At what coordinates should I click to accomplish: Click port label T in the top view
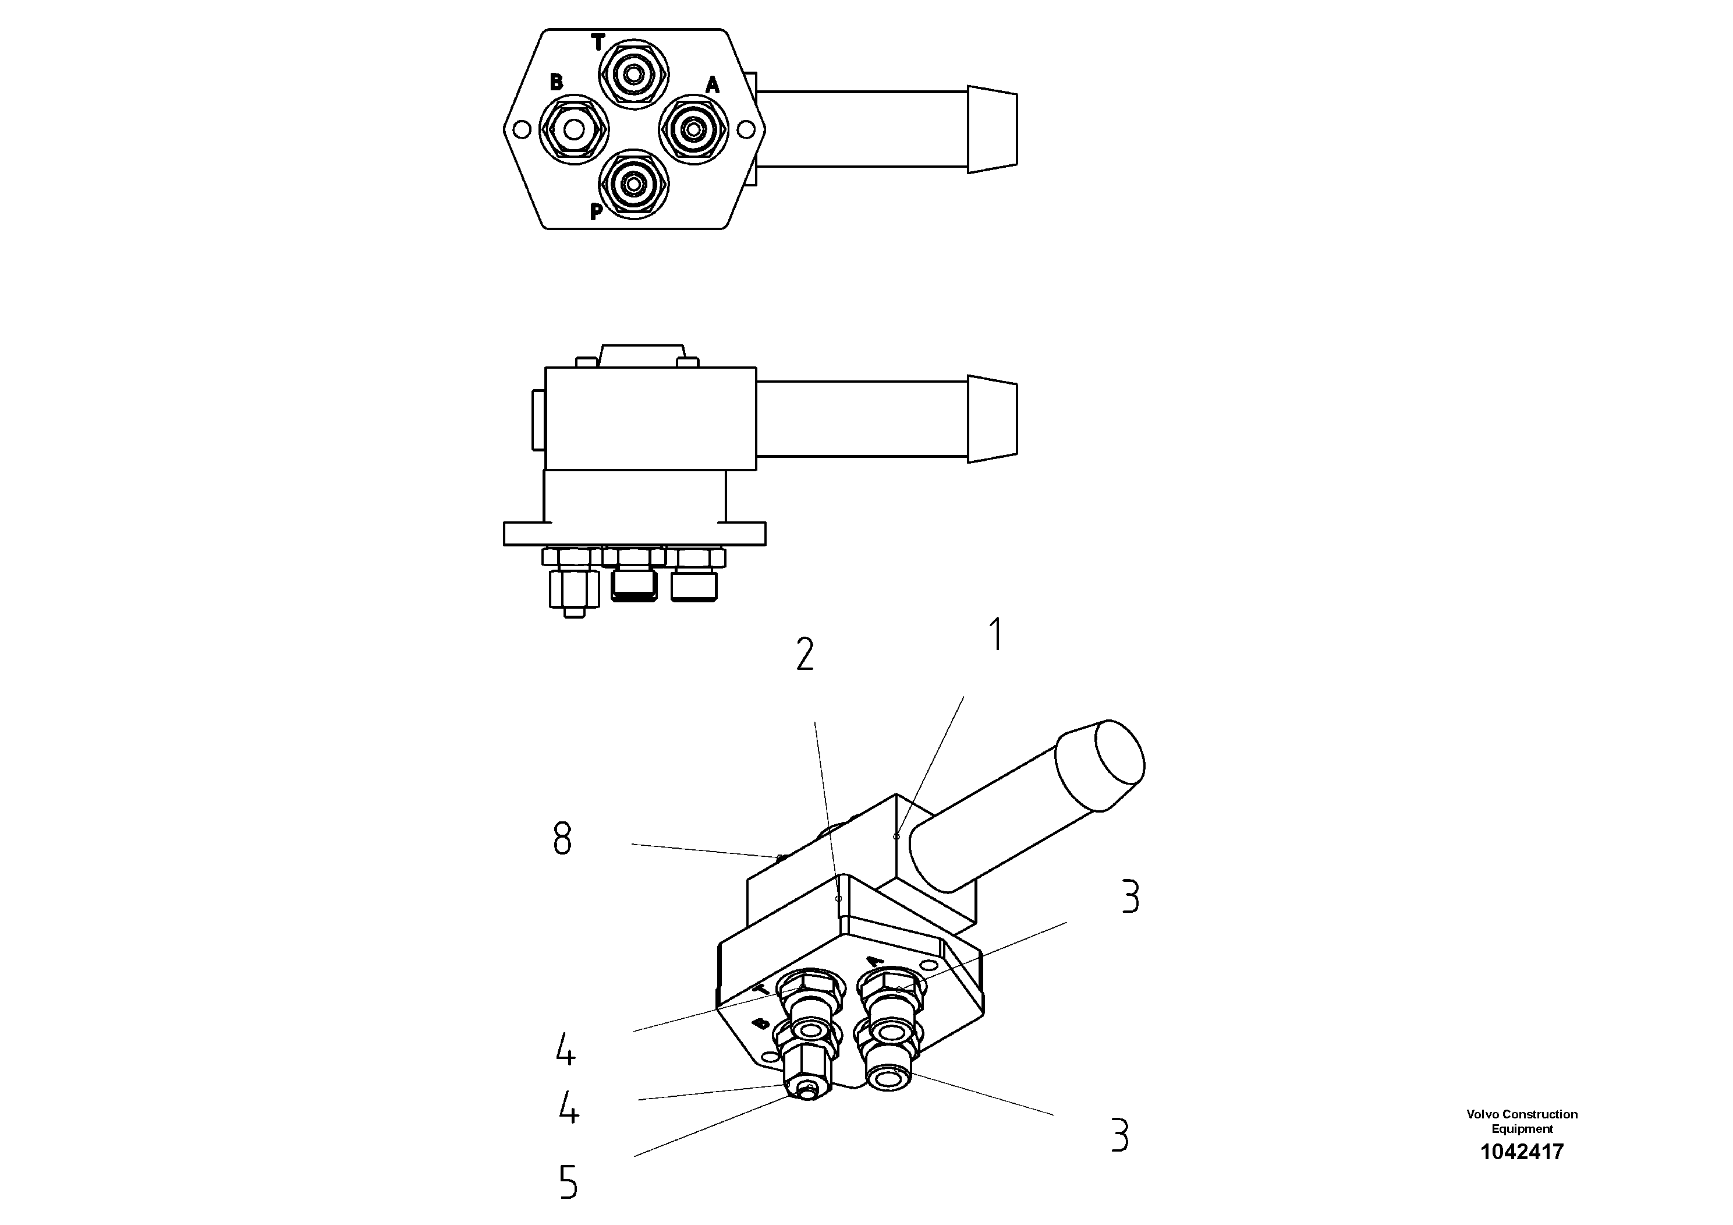pos(598,43)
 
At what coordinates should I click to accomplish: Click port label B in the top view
pos(557,82)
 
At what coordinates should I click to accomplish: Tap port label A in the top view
pos(712,86)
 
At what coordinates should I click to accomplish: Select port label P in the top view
pos(596,212)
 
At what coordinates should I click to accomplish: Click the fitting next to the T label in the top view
pos(634,74)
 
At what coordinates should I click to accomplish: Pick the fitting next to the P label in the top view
pos(634,183)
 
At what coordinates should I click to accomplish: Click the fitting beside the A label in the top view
pos(692,130)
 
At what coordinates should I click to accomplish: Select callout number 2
pos(805,654)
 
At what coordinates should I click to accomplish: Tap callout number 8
pos(562,838)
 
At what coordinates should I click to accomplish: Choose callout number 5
pos(568,1182)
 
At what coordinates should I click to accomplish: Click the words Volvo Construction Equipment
pos(1522,1121)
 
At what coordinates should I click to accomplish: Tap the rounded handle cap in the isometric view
pos(1103,764)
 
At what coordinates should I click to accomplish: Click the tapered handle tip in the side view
pos(992,419)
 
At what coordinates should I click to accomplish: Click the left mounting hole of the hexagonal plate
pos(520,130)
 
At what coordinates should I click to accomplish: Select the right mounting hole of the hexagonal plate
pos(745,130)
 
